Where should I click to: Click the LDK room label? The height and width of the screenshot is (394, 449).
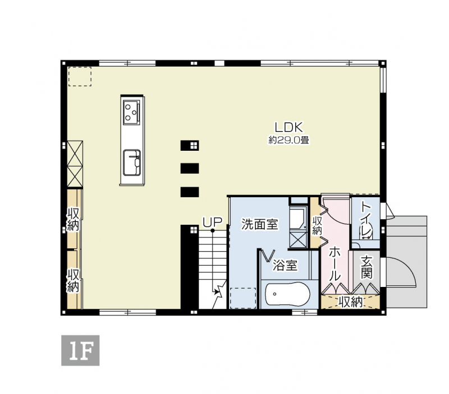[288, 127]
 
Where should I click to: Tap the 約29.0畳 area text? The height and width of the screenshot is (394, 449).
[288, 140]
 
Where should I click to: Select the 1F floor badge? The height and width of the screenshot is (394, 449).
[80, 350]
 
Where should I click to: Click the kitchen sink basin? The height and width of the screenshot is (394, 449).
[132, 163]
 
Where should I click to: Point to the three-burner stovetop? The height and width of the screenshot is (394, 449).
[132, 112]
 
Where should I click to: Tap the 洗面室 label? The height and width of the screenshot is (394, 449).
[260, 224]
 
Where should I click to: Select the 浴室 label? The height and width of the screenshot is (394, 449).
[285, 265]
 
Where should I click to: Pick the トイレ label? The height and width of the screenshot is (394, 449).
[366, 220]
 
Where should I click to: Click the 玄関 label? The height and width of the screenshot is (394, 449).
[366, 267]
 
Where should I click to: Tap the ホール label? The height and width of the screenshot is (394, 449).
[335, 264]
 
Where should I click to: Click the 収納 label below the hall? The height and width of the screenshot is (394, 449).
[350, 302]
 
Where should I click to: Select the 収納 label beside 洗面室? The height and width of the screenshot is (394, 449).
[317, 225]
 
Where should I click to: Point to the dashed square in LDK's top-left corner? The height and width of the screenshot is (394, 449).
[80, 77]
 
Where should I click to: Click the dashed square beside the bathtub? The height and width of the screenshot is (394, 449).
[243, 298]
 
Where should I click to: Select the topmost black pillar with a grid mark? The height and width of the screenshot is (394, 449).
[190, 146]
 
